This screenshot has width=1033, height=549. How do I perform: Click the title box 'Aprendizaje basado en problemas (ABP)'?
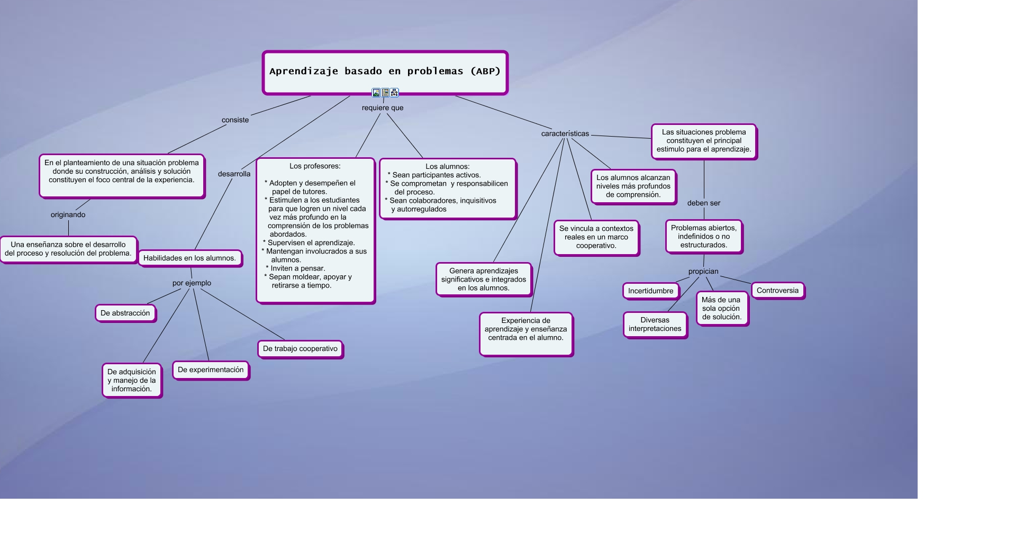click(385, 71)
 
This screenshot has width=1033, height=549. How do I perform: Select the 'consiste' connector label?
click(235, 120)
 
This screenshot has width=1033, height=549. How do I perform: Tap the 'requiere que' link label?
click(383, 108)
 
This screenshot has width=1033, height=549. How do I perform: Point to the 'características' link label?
click(565, 134)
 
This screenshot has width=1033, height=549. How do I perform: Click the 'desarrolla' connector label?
click(234, 174)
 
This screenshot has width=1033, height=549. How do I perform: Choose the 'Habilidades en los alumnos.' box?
click(189, 258)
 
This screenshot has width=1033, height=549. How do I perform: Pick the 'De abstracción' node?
click(125, 313)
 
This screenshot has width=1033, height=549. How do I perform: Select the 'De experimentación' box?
click(211, 370)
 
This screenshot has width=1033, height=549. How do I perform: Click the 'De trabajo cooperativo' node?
click(300, 349)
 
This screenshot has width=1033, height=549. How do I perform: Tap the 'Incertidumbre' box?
click(650, 291)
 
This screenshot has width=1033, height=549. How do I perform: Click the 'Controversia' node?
click(777, 291)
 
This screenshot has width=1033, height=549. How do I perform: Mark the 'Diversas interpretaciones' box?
click(655, 325)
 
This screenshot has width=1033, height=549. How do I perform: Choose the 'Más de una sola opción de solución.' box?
click(721, 309)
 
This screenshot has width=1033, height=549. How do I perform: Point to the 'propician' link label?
click(703, 272)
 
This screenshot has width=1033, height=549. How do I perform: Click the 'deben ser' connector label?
click(704, 203)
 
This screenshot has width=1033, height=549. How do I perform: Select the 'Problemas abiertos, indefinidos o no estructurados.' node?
click(703, 237)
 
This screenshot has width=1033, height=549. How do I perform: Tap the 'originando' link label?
click(68, 215)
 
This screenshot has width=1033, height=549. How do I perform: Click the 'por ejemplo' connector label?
click(192, 283)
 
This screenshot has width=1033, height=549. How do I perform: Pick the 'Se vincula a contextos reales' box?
click(596, 237)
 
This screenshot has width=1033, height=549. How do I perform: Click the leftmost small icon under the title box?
click(376, 93)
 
